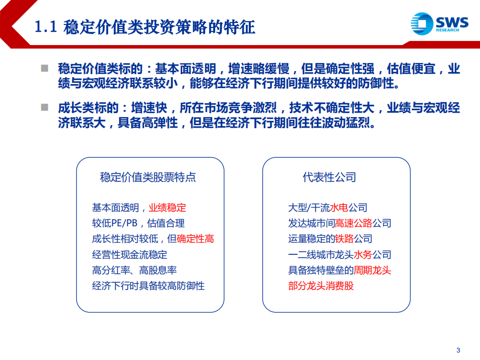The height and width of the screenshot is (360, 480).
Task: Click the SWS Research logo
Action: click(x=439, y=24)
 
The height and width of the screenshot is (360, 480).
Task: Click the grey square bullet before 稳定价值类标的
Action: click(x=45, y=68)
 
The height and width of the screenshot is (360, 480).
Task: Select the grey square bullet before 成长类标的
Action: click(x=45, y=107)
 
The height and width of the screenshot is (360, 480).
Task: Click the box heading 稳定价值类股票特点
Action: click(x=148, y=177)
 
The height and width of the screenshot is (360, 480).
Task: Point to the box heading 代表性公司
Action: click(x=329, y=177)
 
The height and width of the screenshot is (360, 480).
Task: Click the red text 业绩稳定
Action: click(x=167, y=207)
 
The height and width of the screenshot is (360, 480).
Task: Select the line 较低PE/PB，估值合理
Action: click(x=138, y=223)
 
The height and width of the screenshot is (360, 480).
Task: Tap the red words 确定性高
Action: click(x=195, y=239)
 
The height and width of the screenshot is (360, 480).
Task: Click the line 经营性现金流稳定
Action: click(x=129, y=254)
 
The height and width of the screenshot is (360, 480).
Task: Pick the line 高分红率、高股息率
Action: click(x=134, y=270)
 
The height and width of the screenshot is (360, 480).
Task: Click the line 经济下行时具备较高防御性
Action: click(x=148, y=286)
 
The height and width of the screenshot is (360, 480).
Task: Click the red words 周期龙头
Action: click(x=372, y=270)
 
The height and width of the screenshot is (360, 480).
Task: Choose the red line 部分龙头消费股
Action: click(x=321, y=286)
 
